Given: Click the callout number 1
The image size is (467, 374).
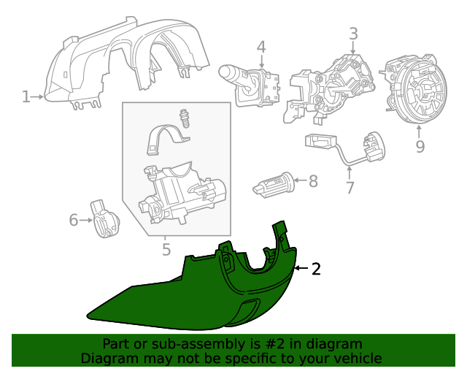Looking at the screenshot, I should coord(26,96).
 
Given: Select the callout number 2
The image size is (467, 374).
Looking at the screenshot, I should coord(316,270).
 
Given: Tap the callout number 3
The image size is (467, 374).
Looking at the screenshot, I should coord(353,34).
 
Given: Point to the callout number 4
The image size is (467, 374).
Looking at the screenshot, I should coord(261,48).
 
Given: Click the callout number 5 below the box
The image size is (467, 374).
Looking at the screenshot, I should coord(166,250).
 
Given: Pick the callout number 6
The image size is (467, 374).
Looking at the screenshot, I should coord(73,219).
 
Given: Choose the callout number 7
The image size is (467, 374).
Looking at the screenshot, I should coord(350,188).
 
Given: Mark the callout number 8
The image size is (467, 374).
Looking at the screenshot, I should coord(313,181).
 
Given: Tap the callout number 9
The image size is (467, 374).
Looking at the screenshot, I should coord(420,148).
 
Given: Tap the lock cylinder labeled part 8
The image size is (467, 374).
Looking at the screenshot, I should coord(273,184).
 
